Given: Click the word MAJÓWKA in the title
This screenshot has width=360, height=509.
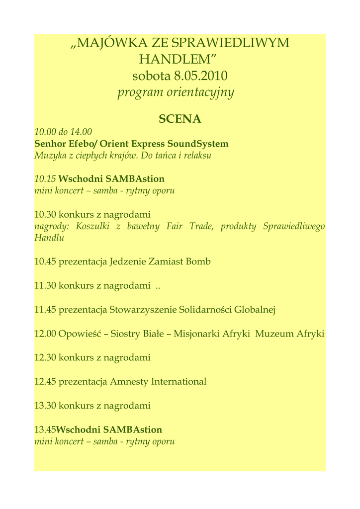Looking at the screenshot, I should pyautogui.click(x=106, y=43).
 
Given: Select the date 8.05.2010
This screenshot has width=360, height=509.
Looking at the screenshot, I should pyautogui.click(x=200, y=76).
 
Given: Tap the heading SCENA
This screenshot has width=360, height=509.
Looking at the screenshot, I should pyautogui.click(x=180, y=119).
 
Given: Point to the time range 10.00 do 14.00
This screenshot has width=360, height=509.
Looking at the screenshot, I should pyautogui.click(x=63, y=132).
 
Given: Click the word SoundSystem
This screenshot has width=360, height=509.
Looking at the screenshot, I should pyautogui.click(x=198, y=144).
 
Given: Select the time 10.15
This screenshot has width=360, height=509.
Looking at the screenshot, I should pyautogui.click(x=45, y=179).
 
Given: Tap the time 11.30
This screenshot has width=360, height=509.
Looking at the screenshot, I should pyautogui.click(x=45, y=285).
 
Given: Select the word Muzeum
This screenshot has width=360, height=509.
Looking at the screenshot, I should pyautogui.click(x=274, y=334).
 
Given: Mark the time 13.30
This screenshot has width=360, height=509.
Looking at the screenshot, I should pyautogui.click(x=45, y=406).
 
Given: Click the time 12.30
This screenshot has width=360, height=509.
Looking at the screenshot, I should pyautogui.click(x=45, y=357).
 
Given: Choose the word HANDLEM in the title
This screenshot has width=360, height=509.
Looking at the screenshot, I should pyautogui.click(x=177, y=60).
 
